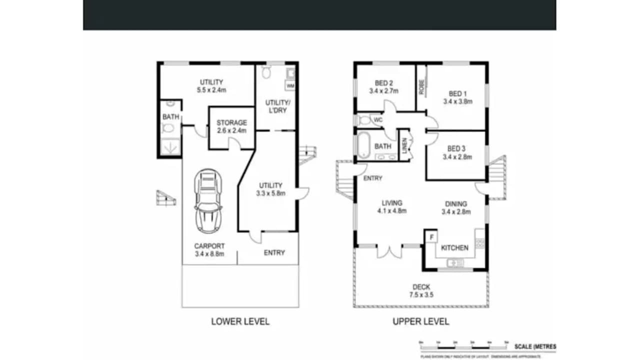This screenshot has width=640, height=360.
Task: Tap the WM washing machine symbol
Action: pos(290,86)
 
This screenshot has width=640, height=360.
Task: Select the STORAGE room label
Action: pos(231,122)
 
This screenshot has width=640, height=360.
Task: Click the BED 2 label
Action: pos(383,83)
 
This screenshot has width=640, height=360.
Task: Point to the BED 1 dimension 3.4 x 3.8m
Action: pos(457,101)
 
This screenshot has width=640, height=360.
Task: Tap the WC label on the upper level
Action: pos(378,120)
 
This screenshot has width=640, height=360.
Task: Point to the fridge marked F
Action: pos(431,236)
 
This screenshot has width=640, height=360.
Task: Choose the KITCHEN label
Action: pos(454,248)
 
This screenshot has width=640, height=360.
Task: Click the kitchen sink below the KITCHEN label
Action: pos(455,262)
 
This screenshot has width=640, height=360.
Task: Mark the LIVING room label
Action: pos(392,203)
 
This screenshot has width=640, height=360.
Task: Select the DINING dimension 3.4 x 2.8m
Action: pos(456,211)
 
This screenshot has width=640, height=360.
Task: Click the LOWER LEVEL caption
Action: pos(240,321)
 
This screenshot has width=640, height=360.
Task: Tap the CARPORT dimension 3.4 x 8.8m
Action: pos(209,254)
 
